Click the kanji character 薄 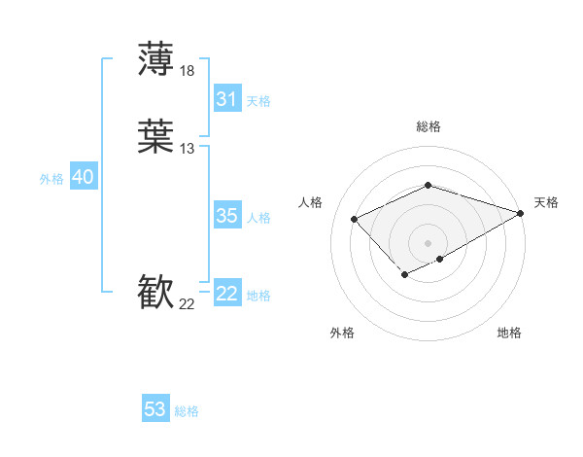pos(156,60)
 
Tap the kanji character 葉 pos(156,138)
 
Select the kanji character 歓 pos(156,294)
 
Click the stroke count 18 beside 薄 pos(188,70)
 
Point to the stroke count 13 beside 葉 pos(188,149)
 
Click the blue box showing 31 pos(227,99)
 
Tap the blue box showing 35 pos(227,216)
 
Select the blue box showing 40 pos(83,177)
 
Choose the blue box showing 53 pos(155,409)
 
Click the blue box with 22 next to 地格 pos(227,294)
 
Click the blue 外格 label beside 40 pos(51,179)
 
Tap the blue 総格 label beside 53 pos(187,411)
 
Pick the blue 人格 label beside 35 pos(259,218)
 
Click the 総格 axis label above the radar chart pos(428,126)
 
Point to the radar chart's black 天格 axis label pos(546,202)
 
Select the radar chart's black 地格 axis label pos(509,333)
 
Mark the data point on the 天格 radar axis pos(522,213)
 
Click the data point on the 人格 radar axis pos(355,219)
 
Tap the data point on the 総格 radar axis pos(428,185)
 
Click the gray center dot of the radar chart pos(428,242)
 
